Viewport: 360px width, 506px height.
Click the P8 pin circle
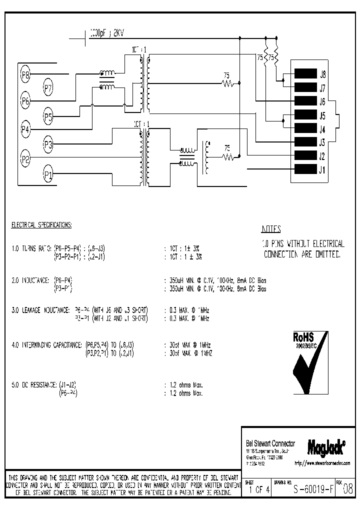pos(25,75)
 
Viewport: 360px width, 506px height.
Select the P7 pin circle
pos(48,89)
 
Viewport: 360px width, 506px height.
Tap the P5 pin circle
pos(48,117)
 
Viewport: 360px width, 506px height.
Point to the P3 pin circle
pos(48,145)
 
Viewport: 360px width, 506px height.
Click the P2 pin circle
pos(25,159)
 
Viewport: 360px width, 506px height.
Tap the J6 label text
pos(322,101)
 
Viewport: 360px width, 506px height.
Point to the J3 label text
pos(322,142)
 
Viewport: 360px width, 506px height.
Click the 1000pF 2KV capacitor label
pos(107,33)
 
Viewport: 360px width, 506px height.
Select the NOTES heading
pos(271,229)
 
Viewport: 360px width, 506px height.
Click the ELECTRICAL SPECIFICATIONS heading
pos(41,225)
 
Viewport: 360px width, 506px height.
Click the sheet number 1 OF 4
pos(258,490)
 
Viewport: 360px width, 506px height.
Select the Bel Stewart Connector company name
pos(270,443)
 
